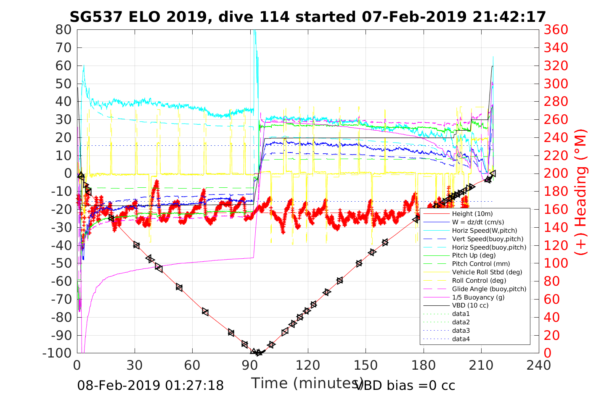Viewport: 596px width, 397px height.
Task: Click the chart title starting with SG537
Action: tap(307, 17)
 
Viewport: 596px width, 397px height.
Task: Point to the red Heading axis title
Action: tap(581, 210)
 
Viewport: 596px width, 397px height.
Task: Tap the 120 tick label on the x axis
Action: tap(308, 365)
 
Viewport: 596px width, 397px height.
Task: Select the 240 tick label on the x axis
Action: tap(539, 365)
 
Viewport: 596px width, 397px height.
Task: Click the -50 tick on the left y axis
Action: tap(62, 263)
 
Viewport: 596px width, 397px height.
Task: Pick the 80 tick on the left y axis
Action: tap(64, 30)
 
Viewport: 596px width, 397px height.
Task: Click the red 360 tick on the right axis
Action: tap(556, 30)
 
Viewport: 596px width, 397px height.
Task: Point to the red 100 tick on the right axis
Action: tap(556, 263)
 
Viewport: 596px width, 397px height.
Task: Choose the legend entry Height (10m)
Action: tap(472, 214)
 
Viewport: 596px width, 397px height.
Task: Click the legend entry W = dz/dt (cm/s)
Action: tap(478, 222)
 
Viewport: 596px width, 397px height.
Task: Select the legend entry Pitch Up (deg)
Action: tap(474, 255)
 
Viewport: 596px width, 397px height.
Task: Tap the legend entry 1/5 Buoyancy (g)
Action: tap(478, 297)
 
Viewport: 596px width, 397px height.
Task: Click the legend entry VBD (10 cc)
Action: tap(470, 305)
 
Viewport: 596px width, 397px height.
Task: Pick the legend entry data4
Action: tap(461, 339)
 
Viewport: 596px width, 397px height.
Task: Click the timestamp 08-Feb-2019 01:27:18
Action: tap(150, 385)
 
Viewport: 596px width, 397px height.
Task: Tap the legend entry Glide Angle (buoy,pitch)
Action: tap(489, 289)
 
